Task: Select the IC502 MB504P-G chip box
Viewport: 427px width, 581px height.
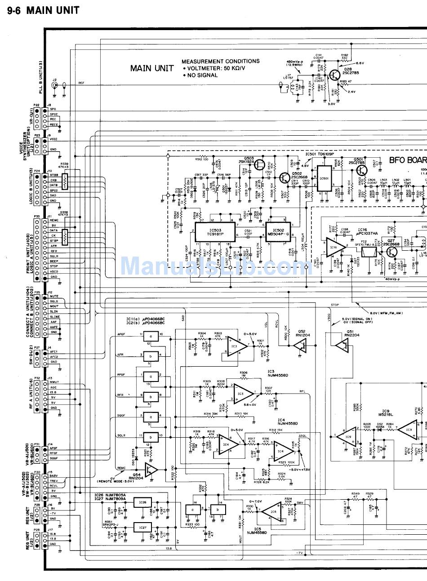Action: [279, 232]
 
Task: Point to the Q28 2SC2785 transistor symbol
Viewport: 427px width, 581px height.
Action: [334, 75]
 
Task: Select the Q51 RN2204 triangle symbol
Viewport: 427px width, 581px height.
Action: [342, 345]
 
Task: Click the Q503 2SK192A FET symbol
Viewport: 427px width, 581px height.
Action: [260, 165]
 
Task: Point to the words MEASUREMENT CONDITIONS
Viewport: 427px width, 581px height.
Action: [220, 61]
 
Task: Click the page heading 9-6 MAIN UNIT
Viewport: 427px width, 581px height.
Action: [43, 10]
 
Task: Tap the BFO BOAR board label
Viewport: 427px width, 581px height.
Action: [407, 160]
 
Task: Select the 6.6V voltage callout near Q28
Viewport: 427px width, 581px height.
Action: [360, 63]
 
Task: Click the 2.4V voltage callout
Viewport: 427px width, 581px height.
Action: [351, 92]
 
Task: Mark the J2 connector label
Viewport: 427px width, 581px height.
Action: [54, 79]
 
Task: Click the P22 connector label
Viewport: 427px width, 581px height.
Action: [37, 105]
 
